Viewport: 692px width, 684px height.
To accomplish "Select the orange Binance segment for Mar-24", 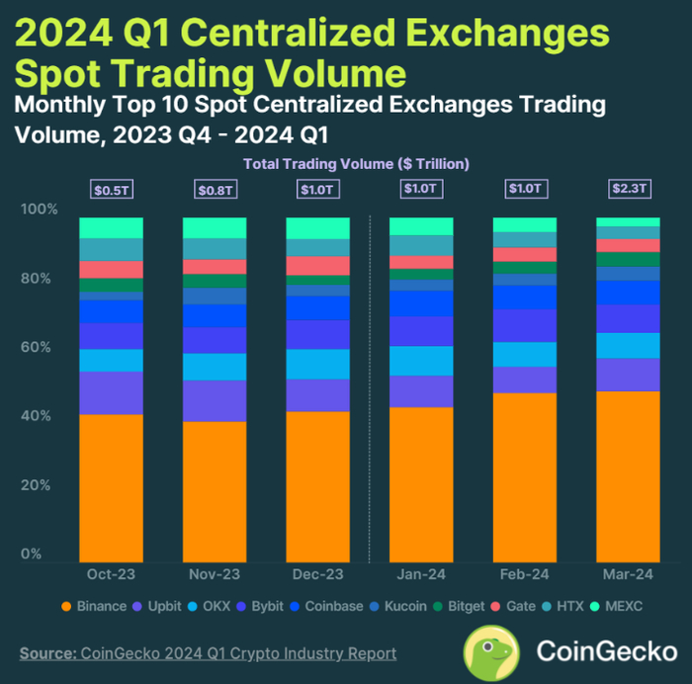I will tap(628, 475).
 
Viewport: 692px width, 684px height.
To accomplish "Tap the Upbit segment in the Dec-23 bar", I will tap(317, 395).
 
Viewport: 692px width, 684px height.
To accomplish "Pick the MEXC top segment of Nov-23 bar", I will tap(215, 227).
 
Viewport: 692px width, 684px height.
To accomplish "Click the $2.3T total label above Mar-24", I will tap(628, 189).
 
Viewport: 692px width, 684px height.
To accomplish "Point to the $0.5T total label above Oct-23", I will tap(111, 189).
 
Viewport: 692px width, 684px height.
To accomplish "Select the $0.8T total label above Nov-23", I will tap(215, 189).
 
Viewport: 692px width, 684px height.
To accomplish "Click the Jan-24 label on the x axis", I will tap(421, 574).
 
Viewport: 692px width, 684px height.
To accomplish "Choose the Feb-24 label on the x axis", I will tap(524, 574).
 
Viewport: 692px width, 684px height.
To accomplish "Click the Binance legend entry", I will tap(94, 606).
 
